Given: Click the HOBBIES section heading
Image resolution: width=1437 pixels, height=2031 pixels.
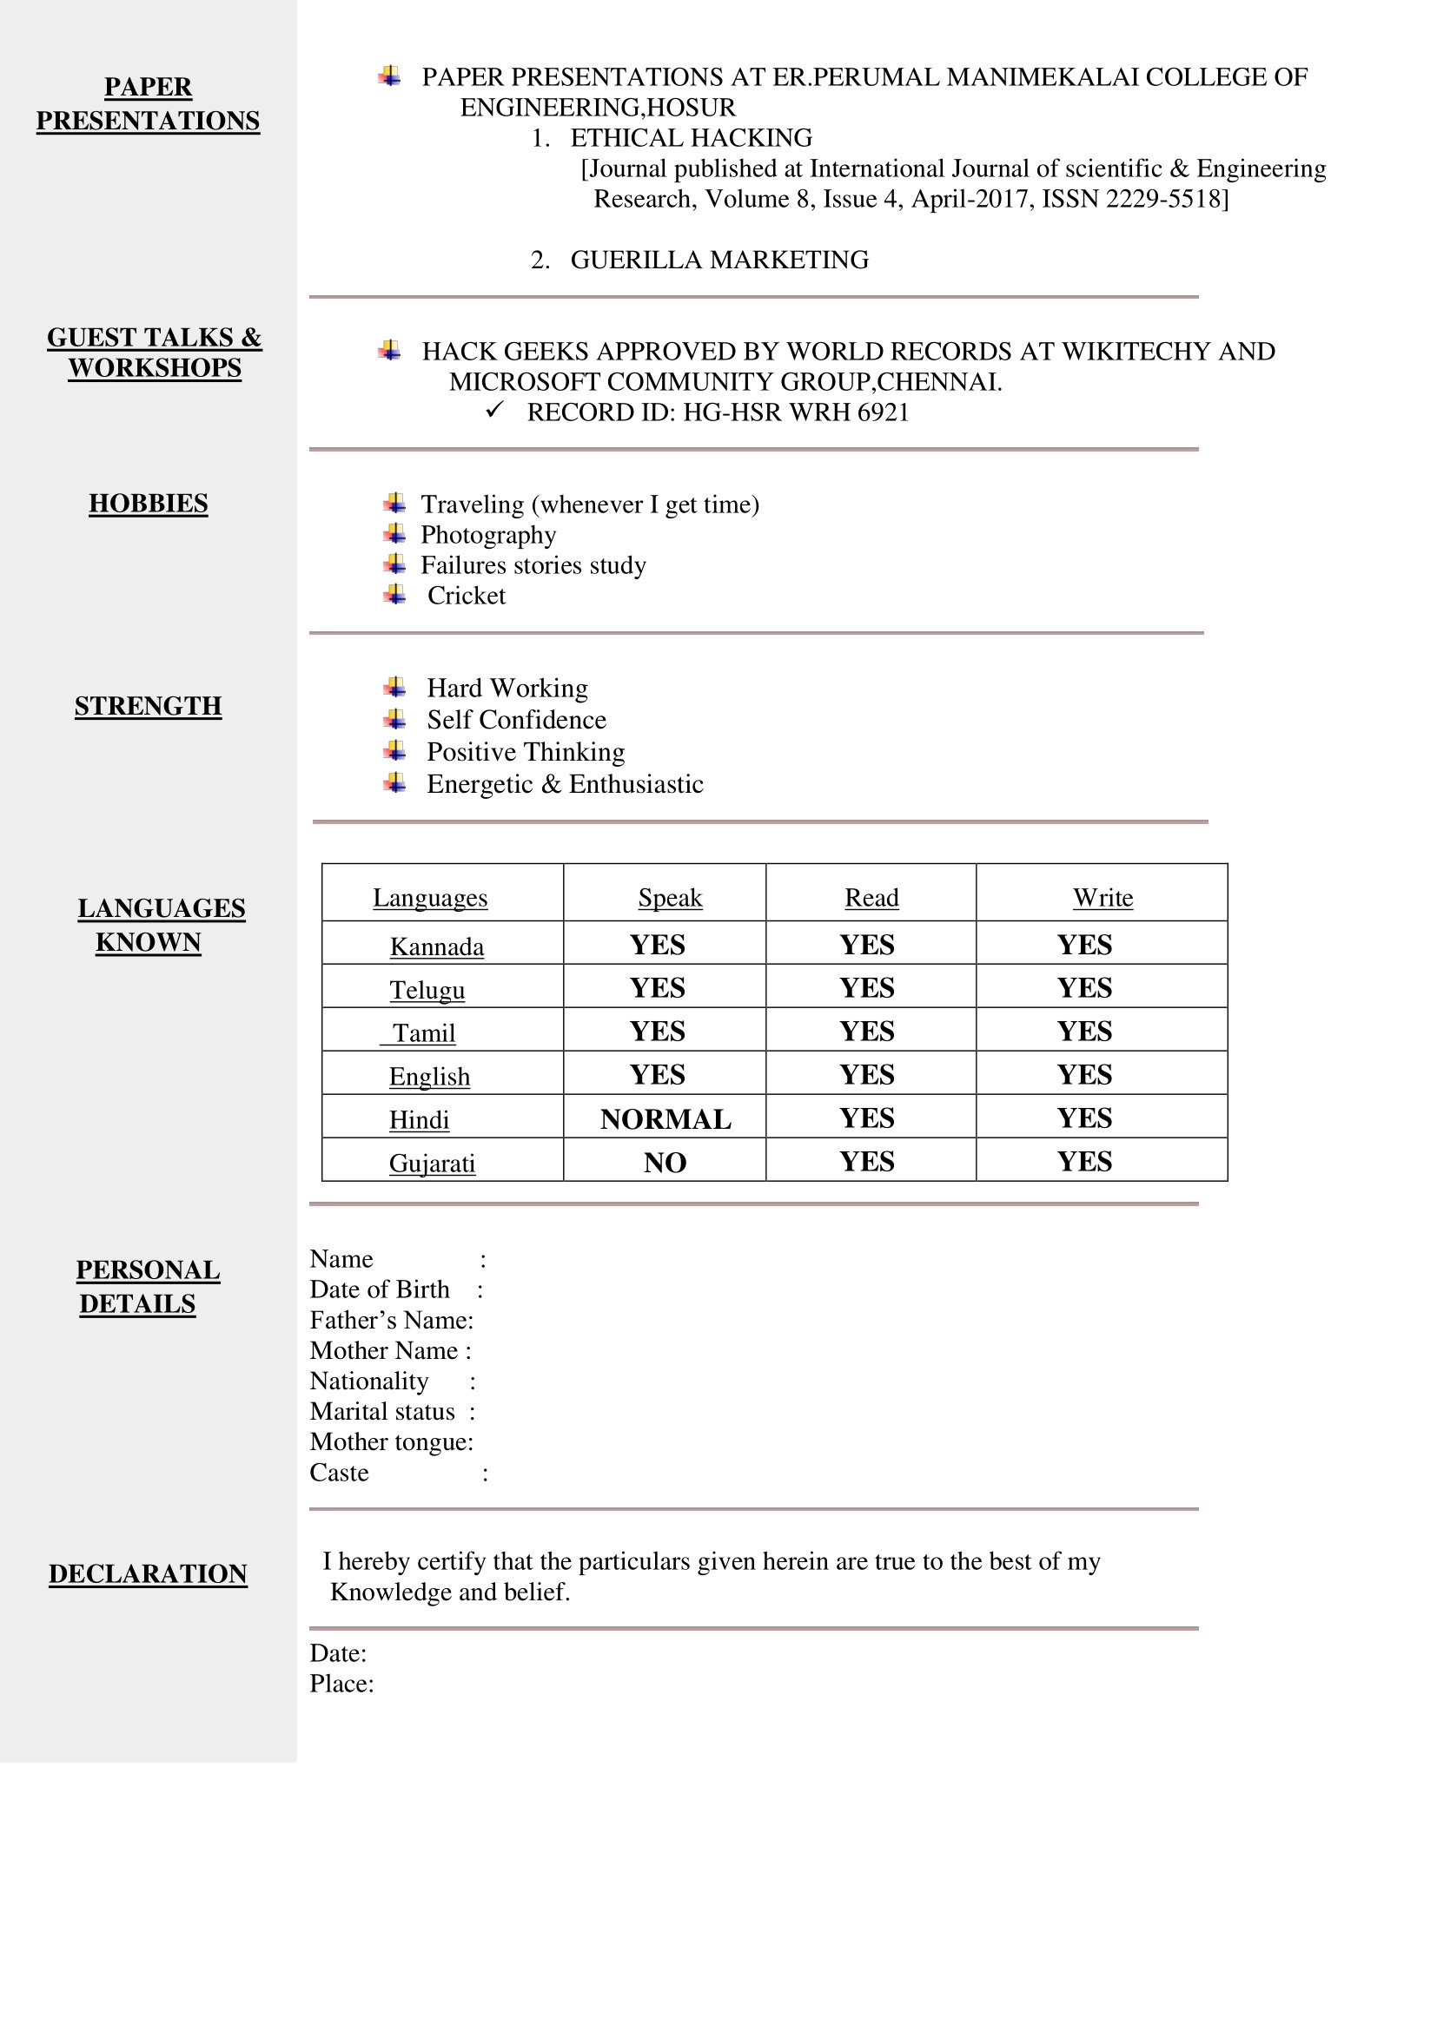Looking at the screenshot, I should point(148,504).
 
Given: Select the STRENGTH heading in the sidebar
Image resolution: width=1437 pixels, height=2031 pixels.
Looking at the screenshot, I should point(148,706).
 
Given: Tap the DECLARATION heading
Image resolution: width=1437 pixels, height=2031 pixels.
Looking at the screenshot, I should point(148,1573).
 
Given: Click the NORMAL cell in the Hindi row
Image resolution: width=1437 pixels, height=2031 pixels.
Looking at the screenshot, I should point(666,1119).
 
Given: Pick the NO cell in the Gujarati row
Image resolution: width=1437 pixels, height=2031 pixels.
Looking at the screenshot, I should point(665,1163).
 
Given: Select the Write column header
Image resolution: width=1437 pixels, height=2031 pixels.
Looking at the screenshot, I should point(1103,898).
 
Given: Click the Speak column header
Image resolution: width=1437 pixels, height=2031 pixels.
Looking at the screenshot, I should point(670,898).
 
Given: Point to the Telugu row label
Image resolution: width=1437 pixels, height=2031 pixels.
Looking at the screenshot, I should point(427,990).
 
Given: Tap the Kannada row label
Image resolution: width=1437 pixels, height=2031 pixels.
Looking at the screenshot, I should point(437,946).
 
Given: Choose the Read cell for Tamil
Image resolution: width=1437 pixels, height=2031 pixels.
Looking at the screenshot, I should point(867,1032).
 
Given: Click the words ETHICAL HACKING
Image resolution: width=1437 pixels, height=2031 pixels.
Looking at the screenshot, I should point(691,138).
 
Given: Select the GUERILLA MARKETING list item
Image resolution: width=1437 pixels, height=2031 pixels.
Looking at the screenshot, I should point(719,260).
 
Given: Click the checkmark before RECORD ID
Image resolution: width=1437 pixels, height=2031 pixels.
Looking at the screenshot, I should point(494,411).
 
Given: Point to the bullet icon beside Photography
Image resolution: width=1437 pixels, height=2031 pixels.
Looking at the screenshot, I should point(394,534).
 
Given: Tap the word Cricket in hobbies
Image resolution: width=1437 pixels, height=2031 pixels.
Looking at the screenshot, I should point(467,596).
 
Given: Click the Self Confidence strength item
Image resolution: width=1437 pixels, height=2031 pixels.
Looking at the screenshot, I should point(517,720).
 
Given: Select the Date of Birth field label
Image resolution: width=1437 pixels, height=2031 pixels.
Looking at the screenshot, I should point(380,1289).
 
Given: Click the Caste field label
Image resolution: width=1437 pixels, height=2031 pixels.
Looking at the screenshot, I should point(339,1473).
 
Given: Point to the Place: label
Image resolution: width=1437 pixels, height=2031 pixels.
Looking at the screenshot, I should point(341,1684).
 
